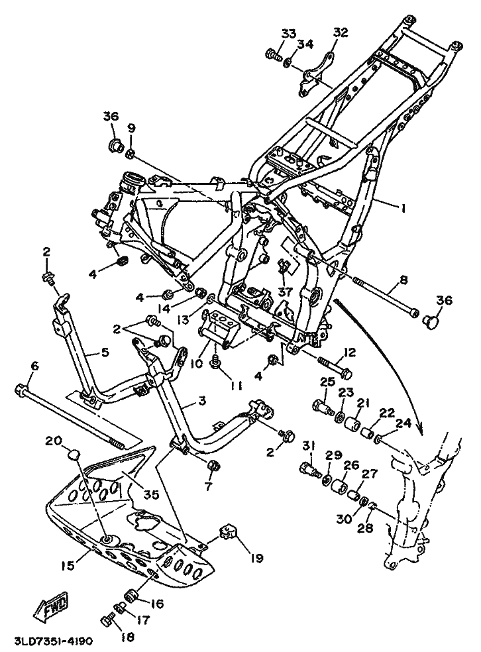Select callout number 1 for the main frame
[401, 207]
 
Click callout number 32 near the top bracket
[341, 32]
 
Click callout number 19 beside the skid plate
[257, 558]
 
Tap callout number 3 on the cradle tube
[201, 402]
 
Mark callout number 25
[327, 381]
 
